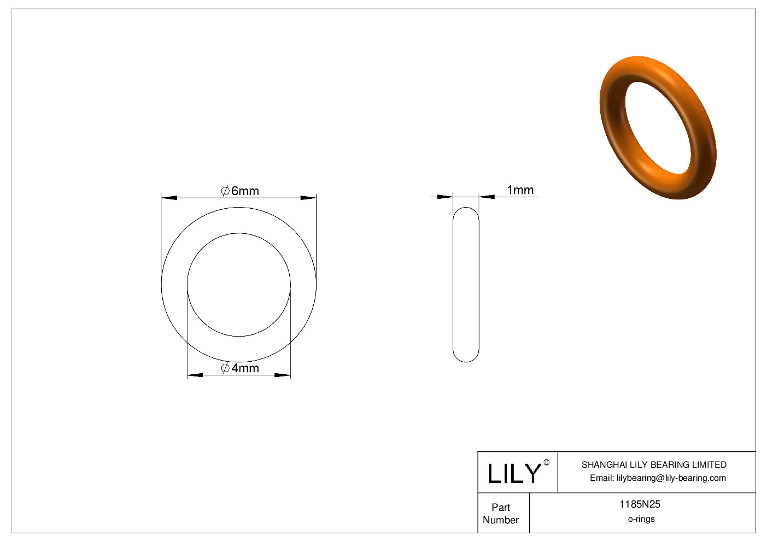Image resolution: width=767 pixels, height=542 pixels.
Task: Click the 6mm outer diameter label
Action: pos(244,191)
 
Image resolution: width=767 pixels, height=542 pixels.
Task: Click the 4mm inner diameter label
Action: pos(244,368)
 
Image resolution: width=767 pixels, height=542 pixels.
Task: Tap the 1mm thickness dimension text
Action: pos(520,190)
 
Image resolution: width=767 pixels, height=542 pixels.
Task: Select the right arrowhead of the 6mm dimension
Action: pos(308,198)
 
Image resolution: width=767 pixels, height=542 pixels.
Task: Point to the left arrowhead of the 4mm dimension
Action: pos(195,375)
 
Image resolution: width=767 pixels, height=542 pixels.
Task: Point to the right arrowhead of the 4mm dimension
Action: pos(282,375)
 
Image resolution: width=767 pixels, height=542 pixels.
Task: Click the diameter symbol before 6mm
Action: pos(225,191)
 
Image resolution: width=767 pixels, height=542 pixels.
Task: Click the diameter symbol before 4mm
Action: pos(225,368)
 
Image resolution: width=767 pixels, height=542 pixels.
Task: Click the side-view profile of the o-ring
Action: pos(466,284)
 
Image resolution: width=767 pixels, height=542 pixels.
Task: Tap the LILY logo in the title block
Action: pos(514,473)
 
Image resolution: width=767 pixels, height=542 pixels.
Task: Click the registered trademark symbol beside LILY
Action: pos(546,463)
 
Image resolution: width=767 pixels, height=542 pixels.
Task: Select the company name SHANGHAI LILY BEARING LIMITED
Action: pos(654,464)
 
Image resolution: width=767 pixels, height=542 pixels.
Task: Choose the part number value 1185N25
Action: pos(640,504)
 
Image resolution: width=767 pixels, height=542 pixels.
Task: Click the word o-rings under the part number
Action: pos(641,519)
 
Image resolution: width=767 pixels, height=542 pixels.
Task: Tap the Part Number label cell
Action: pos(501,514)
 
